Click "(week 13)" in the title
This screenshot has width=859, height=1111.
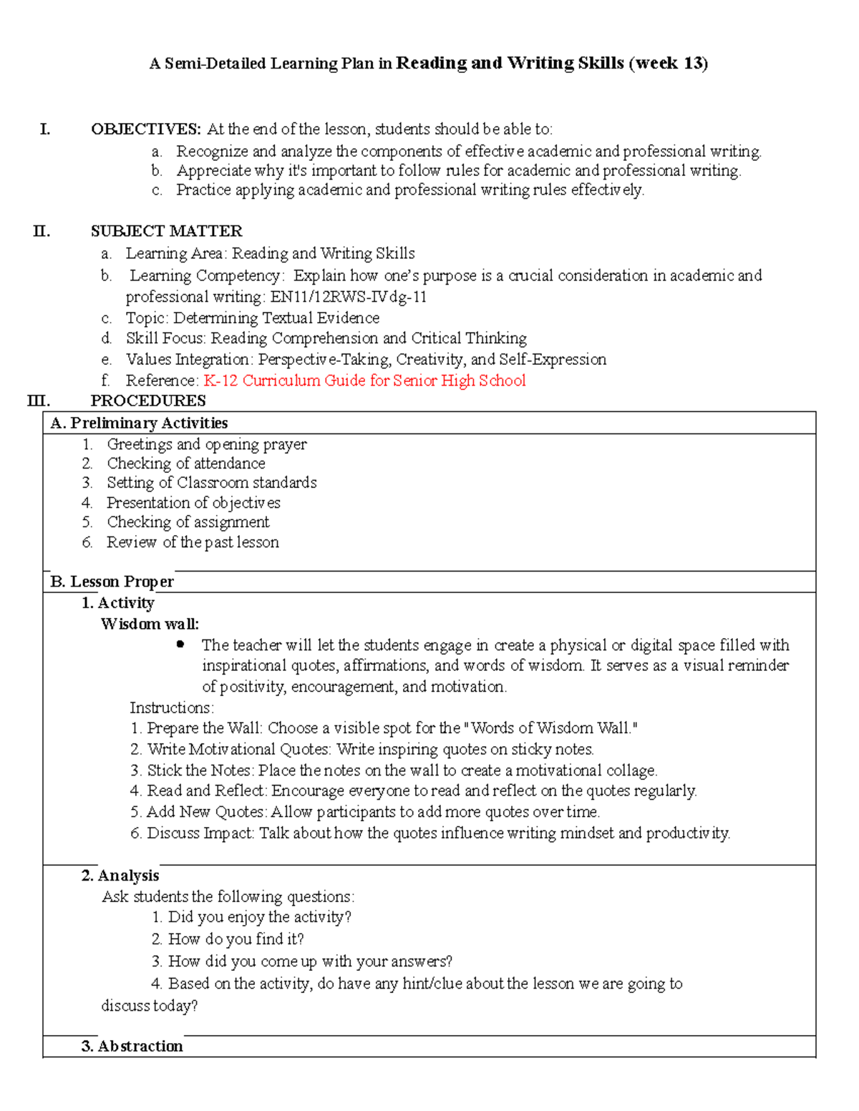(668, 63)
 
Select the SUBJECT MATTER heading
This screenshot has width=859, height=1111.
(166, 231)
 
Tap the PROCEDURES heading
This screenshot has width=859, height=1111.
(148, 401)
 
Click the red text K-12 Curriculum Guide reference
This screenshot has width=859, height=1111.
(364, 381)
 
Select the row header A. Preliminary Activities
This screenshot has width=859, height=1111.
(139, 423)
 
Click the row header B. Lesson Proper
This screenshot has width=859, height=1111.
(112, 582)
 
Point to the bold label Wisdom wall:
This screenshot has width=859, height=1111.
(150, 624)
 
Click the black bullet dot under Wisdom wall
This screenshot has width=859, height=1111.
(180, 645)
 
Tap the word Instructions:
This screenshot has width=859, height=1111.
(171, 708)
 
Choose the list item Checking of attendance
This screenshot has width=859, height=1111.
(186, 464)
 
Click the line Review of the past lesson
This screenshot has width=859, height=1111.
(193, 542)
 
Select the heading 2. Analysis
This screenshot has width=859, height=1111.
(120, 876)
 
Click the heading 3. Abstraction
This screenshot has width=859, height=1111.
(132, 1046)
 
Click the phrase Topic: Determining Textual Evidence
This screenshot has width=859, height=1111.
(252, 318)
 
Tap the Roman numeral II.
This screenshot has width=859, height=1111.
(42, 231)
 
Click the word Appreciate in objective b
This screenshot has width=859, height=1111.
(213, 170)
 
